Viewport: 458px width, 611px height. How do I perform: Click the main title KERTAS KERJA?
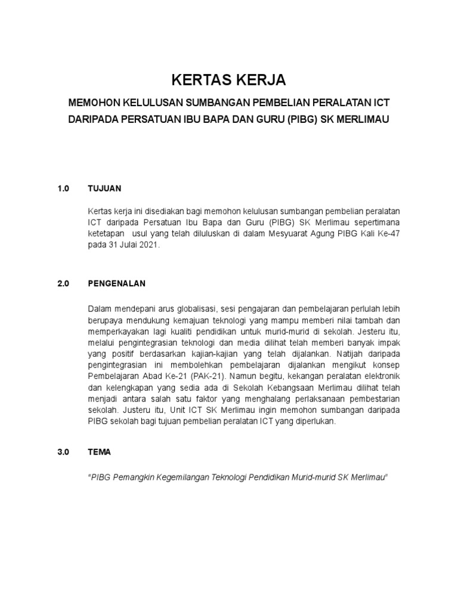229,80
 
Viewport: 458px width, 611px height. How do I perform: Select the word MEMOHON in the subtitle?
96,103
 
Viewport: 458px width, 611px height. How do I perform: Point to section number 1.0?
64,189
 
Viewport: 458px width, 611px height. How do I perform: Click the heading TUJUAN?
104,189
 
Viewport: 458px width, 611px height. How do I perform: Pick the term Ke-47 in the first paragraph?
388,234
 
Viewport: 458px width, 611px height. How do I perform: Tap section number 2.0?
64,283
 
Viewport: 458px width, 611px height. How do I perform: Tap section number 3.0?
64,452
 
